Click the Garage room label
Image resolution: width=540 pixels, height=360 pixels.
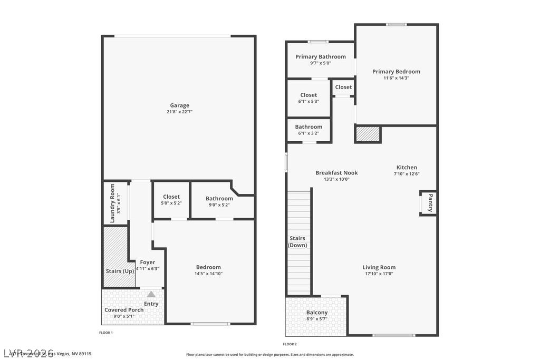(x=179, y=105)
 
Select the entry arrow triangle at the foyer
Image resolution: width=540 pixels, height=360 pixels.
(x=151, y=294)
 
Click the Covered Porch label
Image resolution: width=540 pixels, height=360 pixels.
(x=124, y=310)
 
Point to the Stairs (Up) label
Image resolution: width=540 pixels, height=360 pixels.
(x=120, y=271)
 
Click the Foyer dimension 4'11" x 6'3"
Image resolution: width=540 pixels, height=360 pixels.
(x=148, y=269)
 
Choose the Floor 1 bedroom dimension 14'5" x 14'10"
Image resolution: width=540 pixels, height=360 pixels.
(x=208, y=274)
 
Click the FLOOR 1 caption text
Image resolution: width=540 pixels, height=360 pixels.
(x=106, y=333)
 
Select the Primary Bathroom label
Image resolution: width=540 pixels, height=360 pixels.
(x=321, y=57)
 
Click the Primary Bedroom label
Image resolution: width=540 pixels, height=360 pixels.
(x=396, y=72)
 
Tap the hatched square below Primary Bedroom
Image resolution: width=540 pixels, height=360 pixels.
(x=368, y=134)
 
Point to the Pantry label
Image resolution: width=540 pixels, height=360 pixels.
(x=430, y=203)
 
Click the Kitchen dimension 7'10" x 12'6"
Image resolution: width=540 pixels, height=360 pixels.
(x=407, y=174)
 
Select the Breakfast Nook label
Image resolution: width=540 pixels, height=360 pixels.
(x=336, y=173)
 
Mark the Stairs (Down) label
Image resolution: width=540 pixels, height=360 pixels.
(x=297, y=241)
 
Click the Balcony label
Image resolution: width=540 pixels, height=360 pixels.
(x=317, y=313)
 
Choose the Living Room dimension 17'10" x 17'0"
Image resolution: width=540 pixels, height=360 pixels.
(x=379, y=274)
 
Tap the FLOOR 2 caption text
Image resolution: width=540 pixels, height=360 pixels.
(x=290, y=344)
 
